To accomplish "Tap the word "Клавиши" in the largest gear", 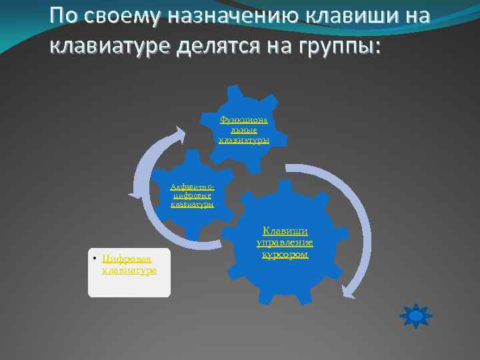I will [x=285, y=231].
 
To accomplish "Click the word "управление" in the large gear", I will [x=285, y=243].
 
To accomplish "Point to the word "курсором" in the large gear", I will [x=285, y=255].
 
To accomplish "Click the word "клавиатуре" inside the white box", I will [x=129, y=270].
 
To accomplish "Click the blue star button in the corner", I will [x=415, y=315].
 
